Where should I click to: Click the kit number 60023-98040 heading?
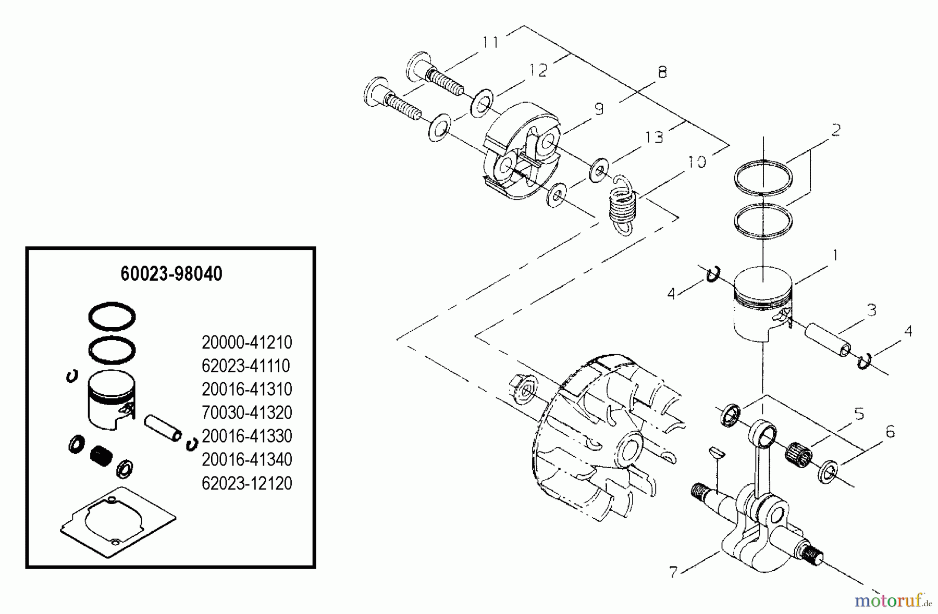point(171,274)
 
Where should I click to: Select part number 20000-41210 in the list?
point(246,343)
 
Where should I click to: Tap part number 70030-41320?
point(246,413)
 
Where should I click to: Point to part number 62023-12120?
point(246,483)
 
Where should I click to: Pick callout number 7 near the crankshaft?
point(673,572)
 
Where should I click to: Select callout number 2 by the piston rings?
point(835,130)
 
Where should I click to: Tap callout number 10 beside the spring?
point(696,162)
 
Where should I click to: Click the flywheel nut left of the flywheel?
point(523,390)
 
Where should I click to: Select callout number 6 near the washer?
point(890,432)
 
